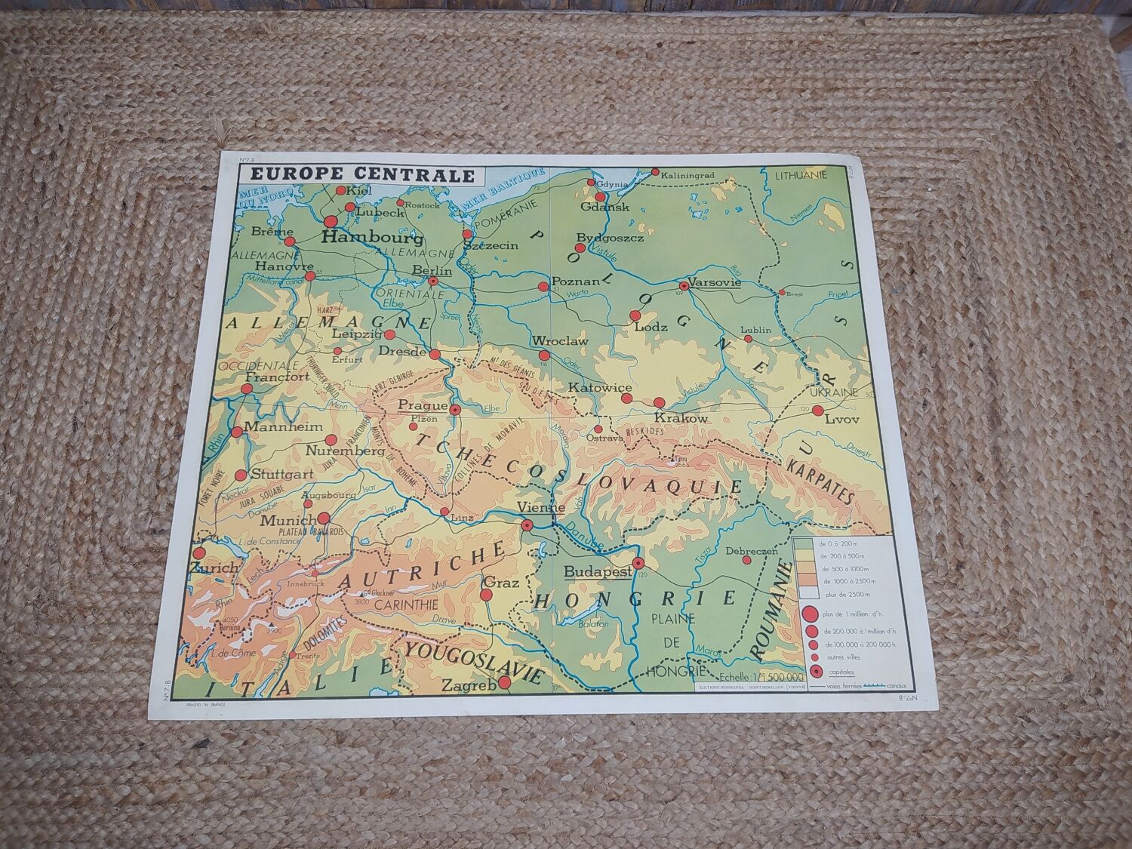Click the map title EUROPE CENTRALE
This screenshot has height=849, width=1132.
click(x=358, y=175)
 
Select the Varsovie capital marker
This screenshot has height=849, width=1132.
click(x=684, y=286)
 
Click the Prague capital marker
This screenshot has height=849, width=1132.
click(x=455, y=410)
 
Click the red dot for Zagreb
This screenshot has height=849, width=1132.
click(x=506, y=683)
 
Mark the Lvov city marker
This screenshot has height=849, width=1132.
click(x=818, y=410)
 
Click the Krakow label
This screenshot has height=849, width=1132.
click(x=681, y=417)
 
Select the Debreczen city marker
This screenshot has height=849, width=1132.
click(x=746, y=560)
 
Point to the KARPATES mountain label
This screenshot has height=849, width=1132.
click(x=819, y=481)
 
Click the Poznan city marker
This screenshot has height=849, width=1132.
click(x=543, y=286)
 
